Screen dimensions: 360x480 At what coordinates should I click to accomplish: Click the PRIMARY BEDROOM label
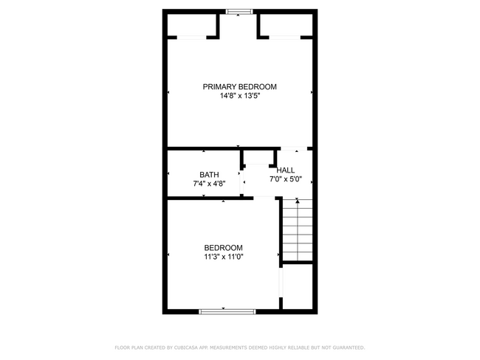click(239, 86)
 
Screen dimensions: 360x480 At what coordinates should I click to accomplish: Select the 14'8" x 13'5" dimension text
click(239, 96)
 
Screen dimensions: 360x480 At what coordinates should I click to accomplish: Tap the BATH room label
click(209, 175)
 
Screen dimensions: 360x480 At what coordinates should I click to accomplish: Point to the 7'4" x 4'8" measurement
click(209, 184)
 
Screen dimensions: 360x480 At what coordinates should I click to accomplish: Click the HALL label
click(286, 170)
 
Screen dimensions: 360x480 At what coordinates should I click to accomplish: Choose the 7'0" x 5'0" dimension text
click(286, 179)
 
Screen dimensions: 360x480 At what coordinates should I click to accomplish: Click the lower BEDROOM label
click(223, 248)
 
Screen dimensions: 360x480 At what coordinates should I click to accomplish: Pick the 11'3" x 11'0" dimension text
click(223, 257)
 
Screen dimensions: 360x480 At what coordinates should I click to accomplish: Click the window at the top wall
click(239, 11)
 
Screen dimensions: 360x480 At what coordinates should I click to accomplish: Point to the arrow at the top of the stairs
click(298, 199)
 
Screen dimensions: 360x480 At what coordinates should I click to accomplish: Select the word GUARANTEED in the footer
click(347, 347)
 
